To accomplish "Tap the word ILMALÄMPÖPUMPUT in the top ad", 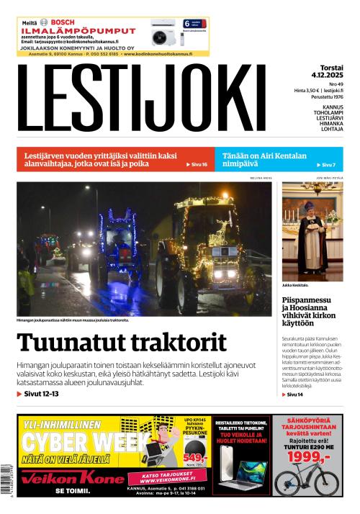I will click(x=78, y=32).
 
